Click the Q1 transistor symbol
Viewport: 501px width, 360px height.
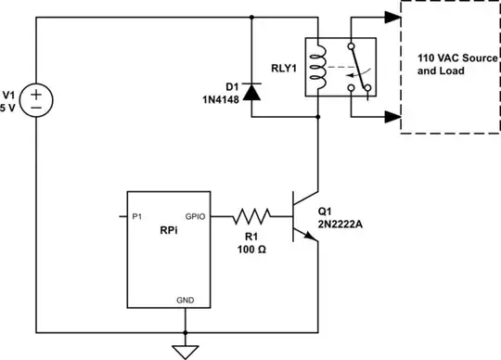(x=302, y=218)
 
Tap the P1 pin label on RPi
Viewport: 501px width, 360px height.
(x=136, y=216)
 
